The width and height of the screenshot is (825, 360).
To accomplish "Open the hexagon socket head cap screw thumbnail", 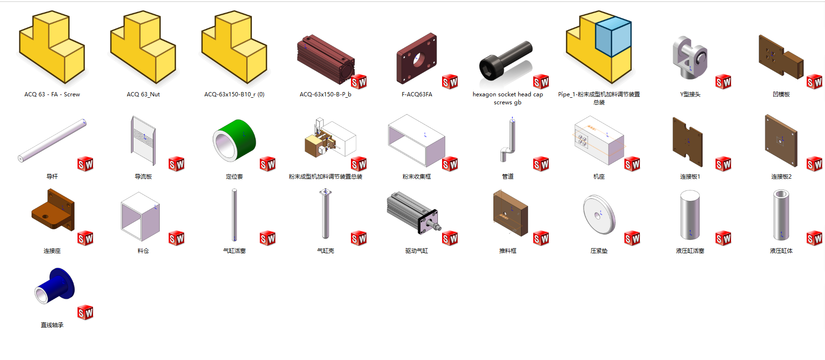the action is point(506,61).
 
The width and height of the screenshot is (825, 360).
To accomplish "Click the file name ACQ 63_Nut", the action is point(143,94).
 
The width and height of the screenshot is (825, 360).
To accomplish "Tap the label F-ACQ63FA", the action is point(417,94).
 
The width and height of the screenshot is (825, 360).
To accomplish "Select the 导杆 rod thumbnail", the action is point(52,140).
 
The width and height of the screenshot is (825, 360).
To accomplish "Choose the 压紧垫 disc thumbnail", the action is point(599,214).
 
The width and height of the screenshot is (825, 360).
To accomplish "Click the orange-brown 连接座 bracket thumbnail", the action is point(53,210).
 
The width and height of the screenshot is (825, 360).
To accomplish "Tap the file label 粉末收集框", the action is point(417,177).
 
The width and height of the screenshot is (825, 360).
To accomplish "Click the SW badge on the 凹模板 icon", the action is point(814,82).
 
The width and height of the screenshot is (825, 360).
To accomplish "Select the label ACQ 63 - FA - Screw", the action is point(52,94).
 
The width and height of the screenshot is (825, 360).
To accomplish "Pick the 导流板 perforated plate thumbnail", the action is point(143,141).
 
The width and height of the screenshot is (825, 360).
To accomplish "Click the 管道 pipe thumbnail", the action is point(509,140).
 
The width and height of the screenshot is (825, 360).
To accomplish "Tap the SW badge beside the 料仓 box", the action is point(177,238).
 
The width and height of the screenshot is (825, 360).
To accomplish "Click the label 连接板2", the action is point(781,177).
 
